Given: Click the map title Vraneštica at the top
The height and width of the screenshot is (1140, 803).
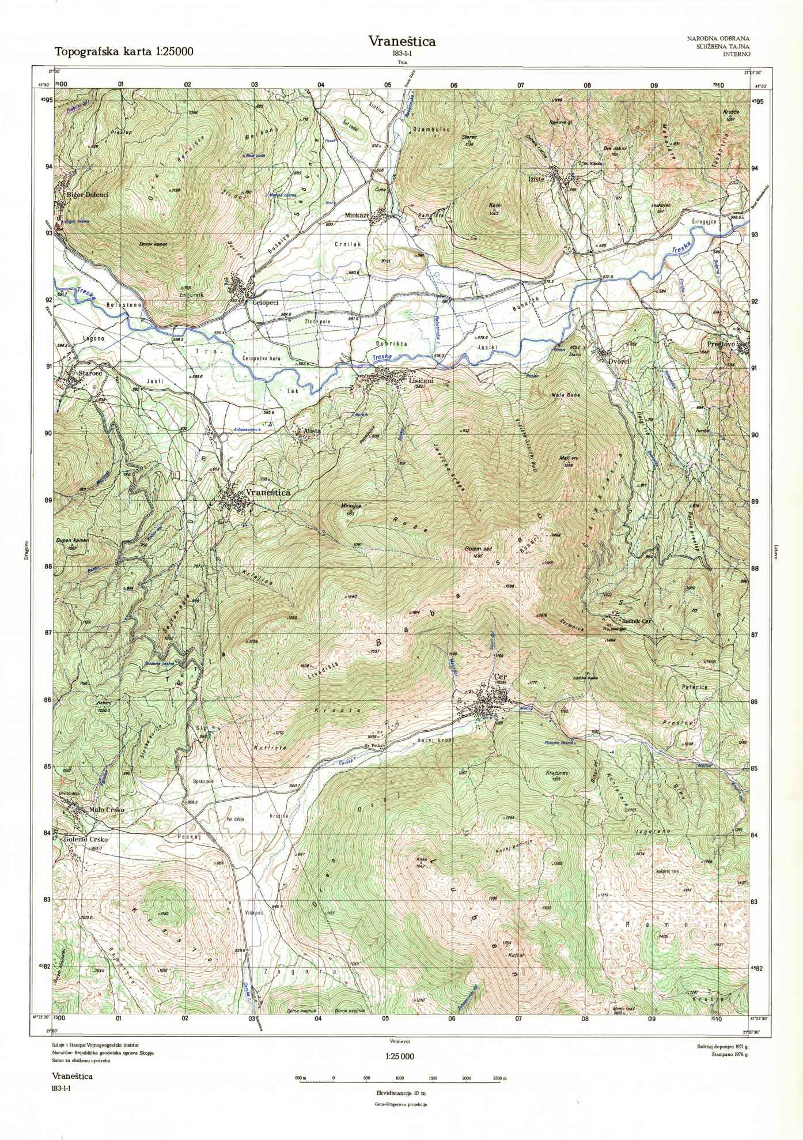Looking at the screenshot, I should pyautogui.click(x=401, y=41).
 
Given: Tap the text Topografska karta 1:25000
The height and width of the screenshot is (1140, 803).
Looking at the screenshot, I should pyautogui.click(x=124, y=51).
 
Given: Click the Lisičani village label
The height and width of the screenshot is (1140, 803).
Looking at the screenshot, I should pyautogui.click(x=420, y=381).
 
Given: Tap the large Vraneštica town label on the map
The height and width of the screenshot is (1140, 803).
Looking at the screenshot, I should pyautogui.click(x=267, y=493).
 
